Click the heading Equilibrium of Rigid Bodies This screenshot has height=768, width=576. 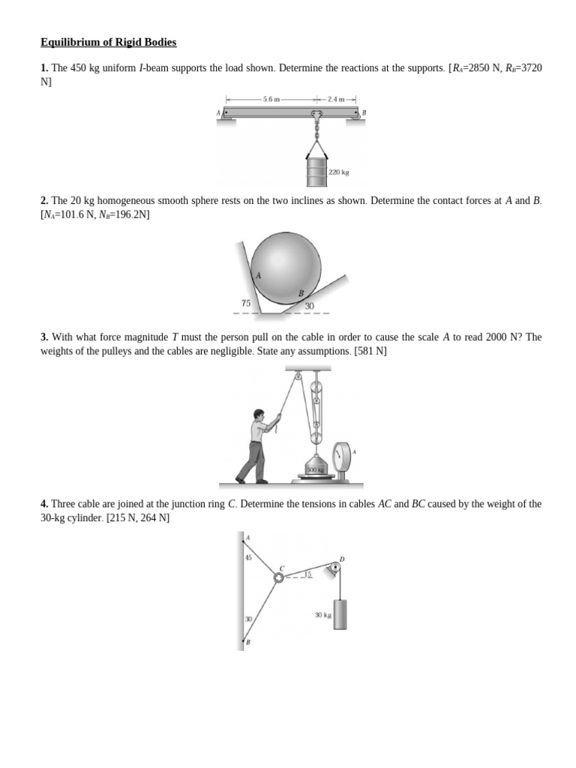point(108,42)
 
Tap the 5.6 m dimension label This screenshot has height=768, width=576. point(271,98)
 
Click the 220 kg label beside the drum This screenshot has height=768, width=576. point(339,172)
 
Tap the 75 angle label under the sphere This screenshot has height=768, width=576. point(245,303)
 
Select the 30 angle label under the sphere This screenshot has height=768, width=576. point(309,306)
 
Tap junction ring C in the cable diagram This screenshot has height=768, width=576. point(278,577)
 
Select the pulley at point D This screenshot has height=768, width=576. point(334,567)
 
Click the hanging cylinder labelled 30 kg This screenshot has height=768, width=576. point(340,614)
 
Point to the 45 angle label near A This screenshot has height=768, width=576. point(248,557)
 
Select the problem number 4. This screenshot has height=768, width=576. point(44,504)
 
